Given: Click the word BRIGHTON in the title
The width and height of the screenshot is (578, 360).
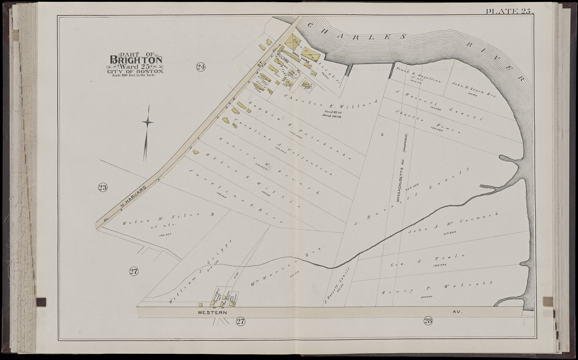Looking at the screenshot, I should (136, 60).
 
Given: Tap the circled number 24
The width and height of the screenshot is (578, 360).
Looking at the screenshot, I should (201, 67).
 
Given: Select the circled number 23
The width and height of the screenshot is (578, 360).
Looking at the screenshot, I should (103, 187).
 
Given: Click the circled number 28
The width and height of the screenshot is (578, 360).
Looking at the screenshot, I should (428, 320).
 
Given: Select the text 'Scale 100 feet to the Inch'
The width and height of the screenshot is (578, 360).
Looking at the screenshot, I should (135, 75).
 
